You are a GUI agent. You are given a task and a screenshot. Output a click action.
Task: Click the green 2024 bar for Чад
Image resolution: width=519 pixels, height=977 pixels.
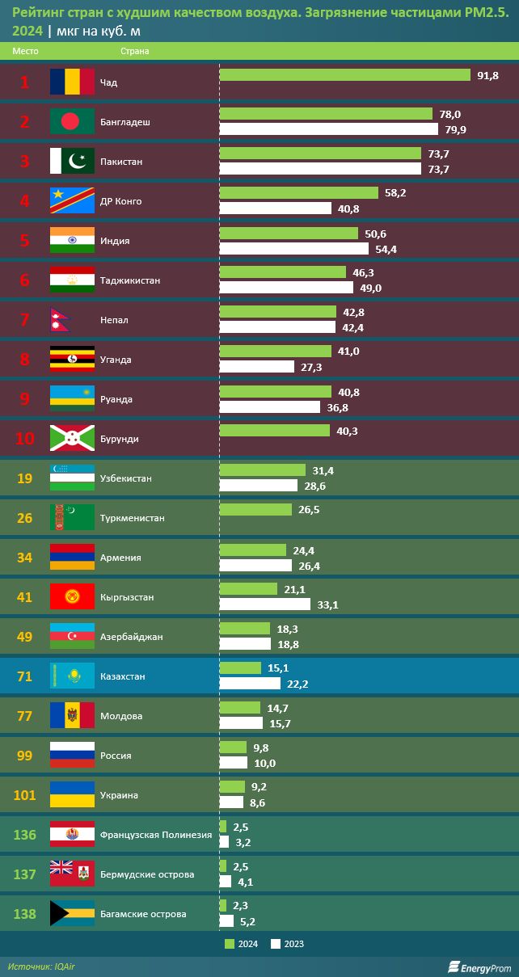(x=344, y=75)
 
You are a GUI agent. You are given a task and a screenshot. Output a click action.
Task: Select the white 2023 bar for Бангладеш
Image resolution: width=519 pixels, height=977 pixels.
(x=328, y=129)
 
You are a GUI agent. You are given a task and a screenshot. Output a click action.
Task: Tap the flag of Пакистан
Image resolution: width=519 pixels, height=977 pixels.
(x=72, y=162)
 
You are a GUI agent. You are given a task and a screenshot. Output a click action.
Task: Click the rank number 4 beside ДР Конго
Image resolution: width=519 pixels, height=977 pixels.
(x=24, y=201)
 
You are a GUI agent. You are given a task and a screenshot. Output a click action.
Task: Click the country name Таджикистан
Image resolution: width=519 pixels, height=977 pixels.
(x=130, y=280)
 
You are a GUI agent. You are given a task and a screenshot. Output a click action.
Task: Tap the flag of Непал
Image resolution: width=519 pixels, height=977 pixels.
(x=61, y=320)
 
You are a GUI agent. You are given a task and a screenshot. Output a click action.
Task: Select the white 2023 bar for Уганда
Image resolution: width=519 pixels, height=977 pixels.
(x=256, y=367)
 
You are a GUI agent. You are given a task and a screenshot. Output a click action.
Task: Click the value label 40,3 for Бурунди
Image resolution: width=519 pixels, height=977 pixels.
(x=347, y=431)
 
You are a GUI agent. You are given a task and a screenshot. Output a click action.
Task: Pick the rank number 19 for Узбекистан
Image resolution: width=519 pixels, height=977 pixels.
(x=24, y=478)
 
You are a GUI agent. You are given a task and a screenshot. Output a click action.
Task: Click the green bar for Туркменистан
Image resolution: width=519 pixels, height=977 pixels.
(x=255, y=510)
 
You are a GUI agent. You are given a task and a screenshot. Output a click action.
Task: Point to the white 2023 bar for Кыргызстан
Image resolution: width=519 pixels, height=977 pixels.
(x=264, y=604)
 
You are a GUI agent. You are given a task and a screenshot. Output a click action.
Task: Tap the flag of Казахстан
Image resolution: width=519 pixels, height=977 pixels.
(x=72, y=676)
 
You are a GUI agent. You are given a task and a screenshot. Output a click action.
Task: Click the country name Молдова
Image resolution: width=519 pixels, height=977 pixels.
(x=121, y=716)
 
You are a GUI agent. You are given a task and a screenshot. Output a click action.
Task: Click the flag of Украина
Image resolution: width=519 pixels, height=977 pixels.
(x=72, y=795)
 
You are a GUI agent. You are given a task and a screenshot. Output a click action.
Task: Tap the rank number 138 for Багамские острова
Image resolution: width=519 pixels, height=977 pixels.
(x=24, y=914)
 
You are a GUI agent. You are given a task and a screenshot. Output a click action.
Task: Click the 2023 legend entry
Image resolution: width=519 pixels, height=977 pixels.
(x=288, y=944)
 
